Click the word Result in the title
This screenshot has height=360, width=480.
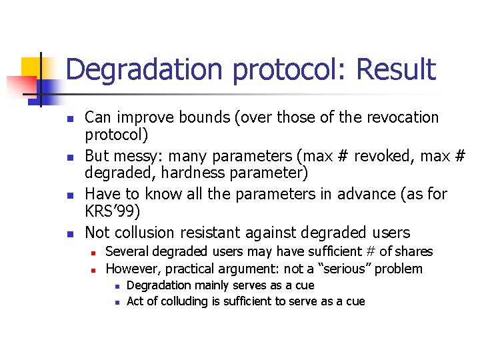[x=395, y=69]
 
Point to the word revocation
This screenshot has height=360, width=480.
[x=400, y=118]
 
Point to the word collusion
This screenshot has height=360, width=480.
[x=145, y=233]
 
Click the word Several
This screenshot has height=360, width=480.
[x=127, y=252]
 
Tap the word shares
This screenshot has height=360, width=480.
[x=413, y=252]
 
